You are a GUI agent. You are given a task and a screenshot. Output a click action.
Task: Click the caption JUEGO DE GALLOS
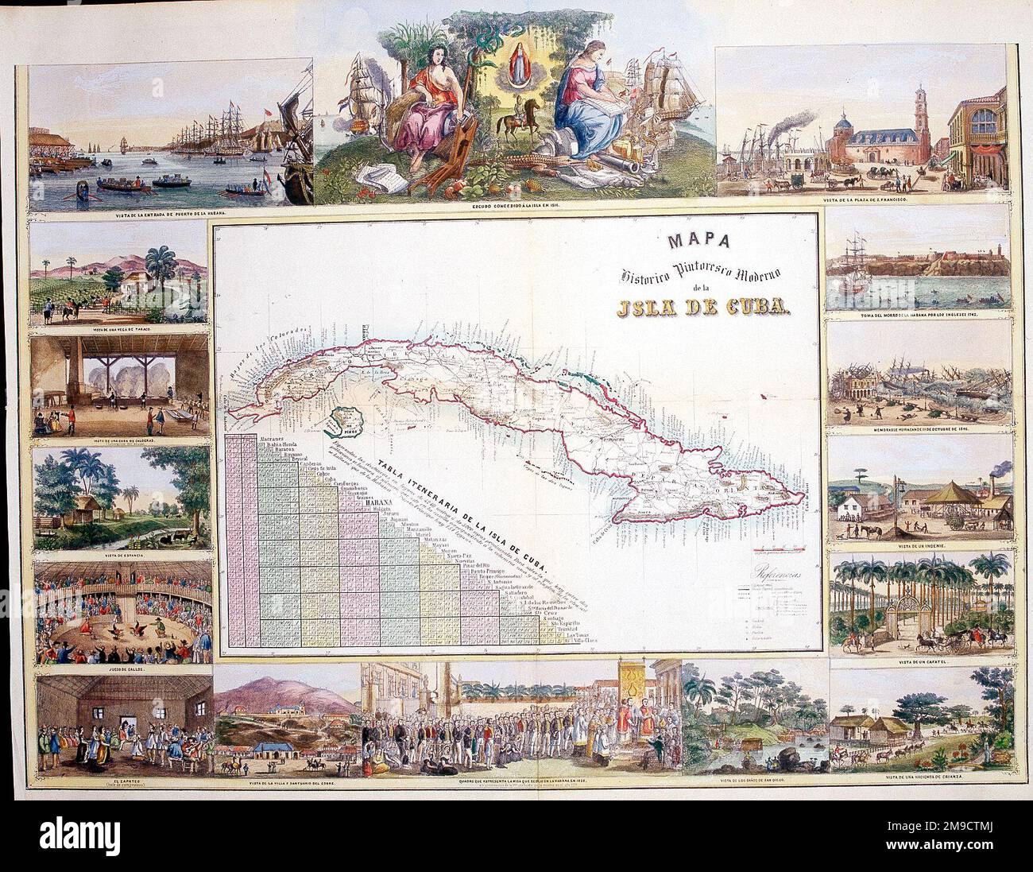[122, 670]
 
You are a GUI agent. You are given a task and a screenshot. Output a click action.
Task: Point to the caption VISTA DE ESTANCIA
[121, 553]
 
